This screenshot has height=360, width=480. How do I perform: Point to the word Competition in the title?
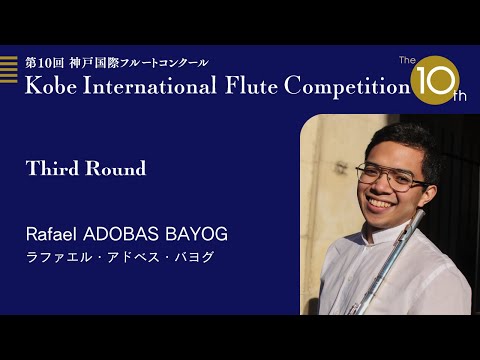(x=346, y=86)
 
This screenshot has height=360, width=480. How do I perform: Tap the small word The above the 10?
(x=407, y=61)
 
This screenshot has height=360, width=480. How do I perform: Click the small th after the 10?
(x=460, y=96)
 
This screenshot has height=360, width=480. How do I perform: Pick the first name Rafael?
(x=53, y=234)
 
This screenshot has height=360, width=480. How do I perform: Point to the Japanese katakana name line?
(x=120, y=257)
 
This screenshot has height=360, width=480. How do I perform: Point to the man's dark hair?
(x=395, y=138)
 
